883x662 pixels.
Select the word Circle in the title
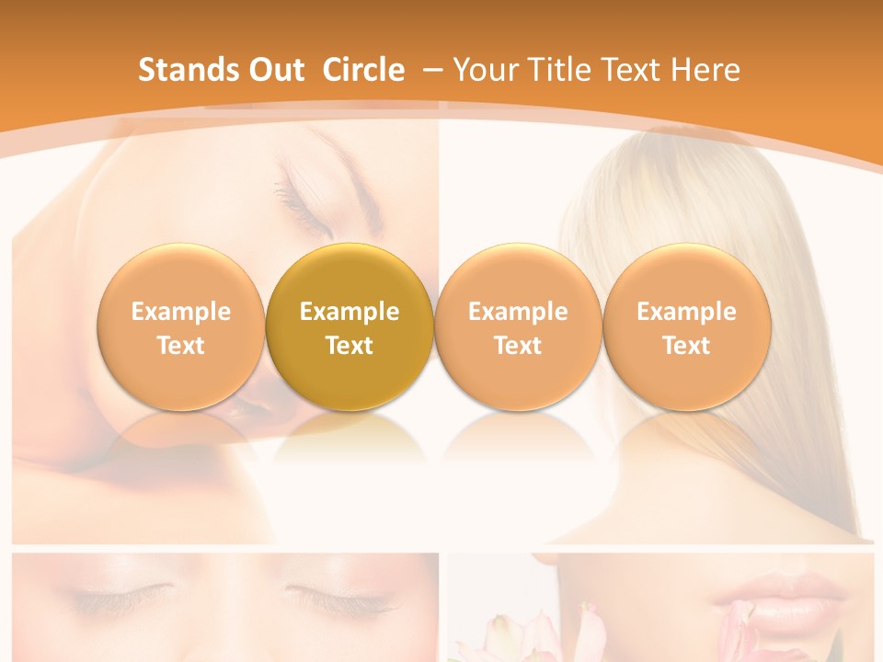[x=363, y=70]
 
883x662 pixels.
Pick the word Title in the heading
[x=554, y=70]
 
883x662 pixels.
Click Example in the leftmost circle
[x=180, y=312]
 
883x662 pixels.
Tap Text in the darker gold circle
[x=350, y=346]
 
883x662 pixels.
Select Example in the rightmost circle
[x=687, y=312]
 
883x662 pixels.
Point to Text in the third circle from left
[x=518, y=346]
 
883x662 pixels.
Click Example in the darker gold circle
[x=350, y=312]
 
